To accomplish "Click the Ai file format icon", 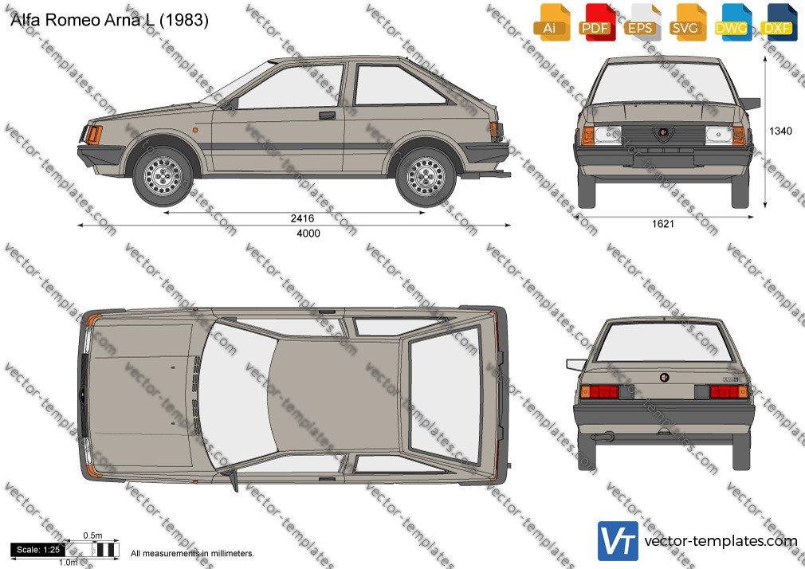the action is pyautogui.click(x=551, y=22).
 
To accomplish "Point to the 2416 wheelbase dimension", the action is pyautogui.click(x=302, y=218).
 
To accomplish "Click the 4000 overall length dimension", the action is pyautogui.click(x=308, y=233).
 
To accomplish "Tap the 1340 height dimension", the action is pyautogui.click(x=780, y=131).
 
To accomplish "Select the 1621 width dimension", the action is pyautogui.click(x=663, y=224).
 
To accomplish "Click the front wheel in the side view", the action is pyautogui.click(x=163, y=175).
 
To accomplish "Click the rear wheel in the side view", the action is pyautogui.click(x=426, y=176).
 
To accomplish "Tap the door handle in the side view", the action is pyautogui.click(x=327, y=115).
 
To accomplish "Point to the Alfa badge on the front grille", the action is pyautogui.click(x=663, y=133).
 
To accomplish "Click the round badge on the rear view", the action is pyautogui.click(x=664, y=378).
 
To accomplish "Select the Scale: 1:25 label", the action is pyautogui.click(x=38, y=550).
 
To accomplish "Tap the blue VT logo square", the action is pyautogui.click(x=618, y=541).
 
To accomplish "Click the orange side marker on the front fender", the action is pyautogui.click(x=195, y=131).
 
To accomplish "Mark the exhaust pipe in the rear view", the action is pyautogui.click(x=602, y=438).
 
